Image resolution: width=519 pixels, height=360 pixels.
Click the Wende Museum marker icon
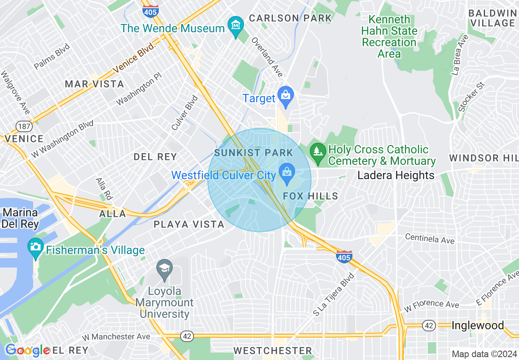235,26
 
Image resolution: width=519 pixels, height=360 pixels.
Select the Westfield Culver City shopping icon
287,173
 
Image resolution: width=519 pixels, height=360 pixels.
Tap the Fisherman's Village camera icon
36,247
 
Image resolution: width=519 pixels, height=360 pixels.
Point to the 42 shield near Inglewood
429,326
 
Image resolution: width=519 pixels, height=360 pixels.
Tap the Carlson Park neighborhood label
290,18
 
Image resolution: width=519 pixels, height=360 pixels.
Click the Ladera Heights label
396,175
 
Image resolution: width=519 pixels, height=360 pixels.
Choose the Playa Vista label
189,224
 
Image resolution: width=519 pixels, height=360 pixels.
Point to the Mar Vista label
95,84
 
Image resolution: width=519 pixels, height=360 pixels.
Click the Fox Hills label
311,196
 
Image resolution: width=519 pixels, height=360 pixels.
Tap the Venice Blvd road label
135,57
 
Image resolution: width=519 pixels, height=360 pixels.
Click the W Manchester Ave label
116,337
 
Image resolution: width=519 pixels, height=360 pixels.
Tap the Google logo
27,350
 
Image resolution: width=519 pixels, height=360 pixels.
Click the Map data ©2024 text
484,354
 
